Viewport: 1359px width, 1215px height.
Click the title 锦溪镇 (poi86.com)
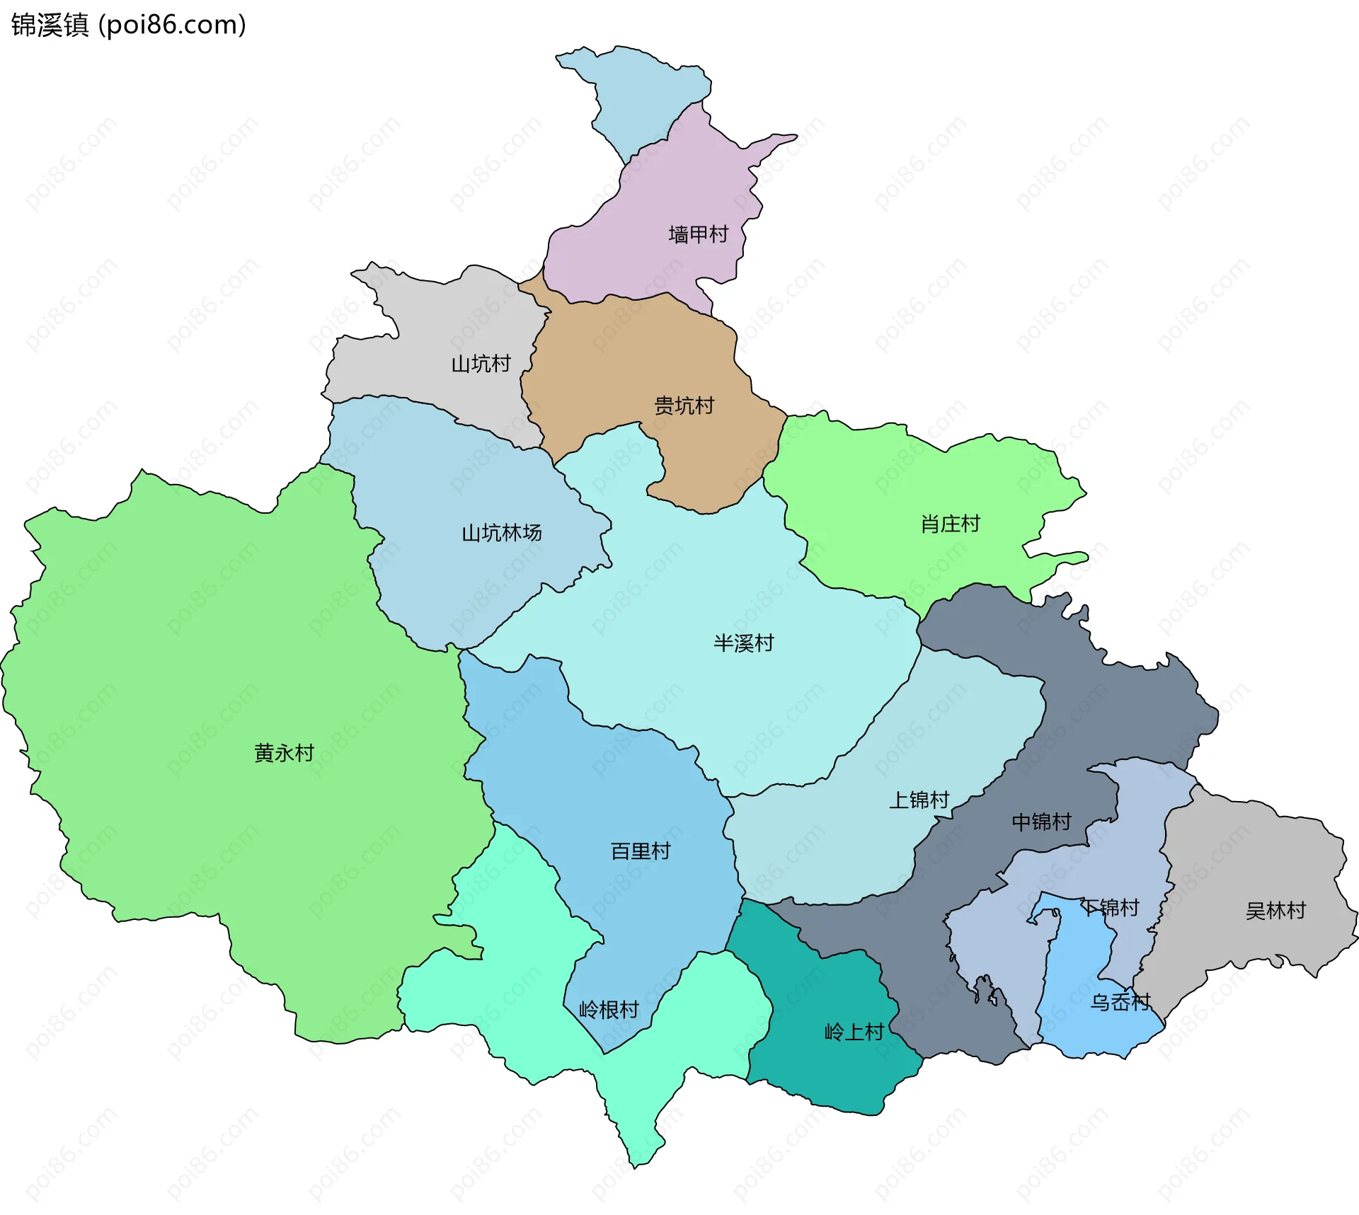point(128,25)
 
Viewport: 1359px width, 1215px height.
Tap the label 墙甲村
point(698,234)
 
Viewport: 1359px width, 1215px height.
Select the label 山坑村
point(481,364)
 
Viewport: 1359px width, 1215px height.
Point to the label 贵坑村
point(684,405)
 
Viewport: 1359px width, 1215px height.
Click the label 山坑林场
point(501,532)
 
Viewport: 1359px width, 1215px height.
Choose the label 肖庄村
point(950,524)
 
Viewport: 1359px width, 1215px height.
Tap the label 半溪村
point(743,643)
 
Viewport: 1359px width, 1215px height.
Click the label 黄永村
point(284,752)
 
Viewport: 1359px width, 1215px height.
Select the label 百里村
point(641,851)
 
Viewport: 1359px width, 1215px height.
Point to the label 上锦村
point(919,800)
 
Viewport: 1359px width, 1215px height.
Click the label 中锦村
point(1041,822)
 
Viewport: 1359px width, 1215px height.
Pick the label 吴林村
point(1275,910)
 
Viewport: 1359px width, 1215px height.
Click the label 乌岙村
point(1120,1002)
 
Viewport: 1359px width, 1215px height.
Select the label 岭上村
point(854,1032)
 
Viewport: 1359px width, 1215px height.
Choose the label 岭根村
point(609,1009)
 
